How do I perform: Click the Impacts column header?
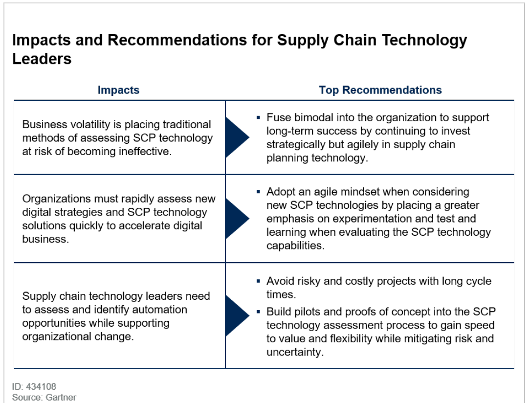tap(118, 90)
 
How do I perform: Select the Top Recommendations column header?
tap(380, 90)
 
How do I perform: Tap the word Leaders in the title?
tap(42, 59)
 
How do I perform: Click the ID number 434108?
tap(41, 386)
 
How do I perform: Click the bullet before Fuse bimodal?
tap(259, 117)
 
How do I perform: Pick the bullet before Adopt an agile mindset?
tap(259, 192)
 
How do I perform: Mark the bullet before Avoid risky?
tap(259, 281)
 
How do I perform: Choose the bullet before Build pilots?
tap(259, 312)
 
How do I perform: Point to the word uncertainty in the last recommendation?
tap(295, 352)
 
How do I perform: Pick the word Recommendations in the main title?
tap(177, 40)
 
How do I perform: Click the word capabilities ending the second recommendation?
tap(295, 246)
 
